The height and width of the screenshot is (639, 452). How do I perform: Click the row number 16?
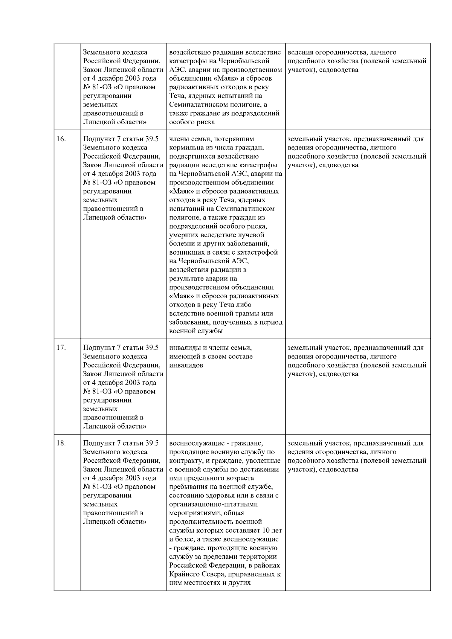point(61,139)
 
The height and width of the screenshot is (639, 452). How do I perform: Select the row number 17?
point(61,348)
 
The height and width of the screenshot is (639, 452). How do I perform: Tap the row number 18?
point(61,443)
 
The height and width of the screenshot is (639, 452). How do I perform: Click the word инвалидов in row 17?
point(186,365)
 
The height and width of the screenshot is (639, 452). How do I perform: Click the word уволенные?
point(266,461)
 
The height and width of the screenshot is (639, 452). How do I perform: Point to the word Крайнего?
point(185,574)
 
